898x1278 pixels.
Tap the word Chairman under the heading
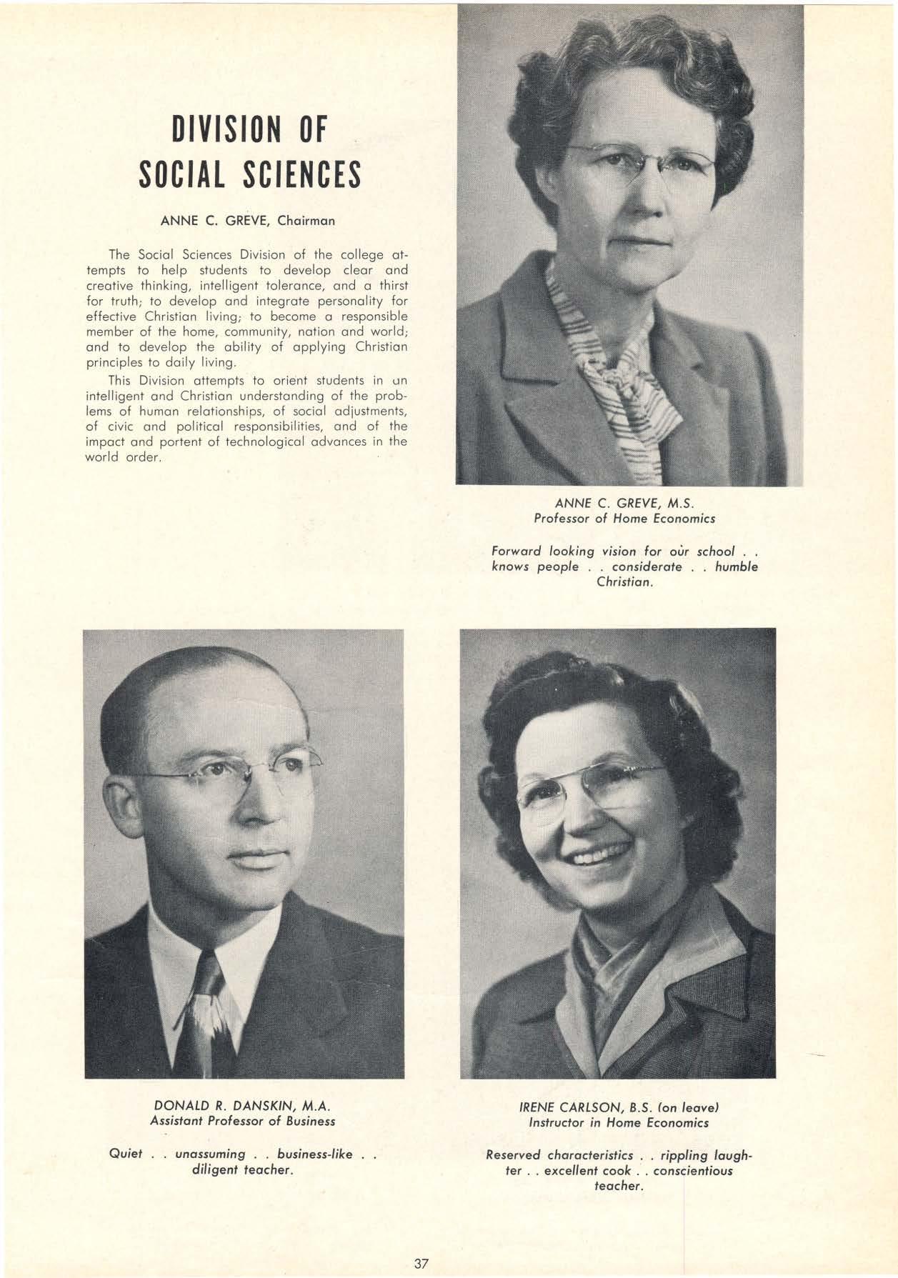point(306,221)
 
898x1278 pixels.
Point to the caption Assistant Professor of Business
point(242,1122)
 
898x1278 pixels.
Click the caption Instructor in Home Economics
point(619,1123)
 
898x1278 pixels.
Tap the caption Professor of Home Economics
point(624,519)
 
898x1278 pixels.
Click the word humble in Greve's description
point(736,567)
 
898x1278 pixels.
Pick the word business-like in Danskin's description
point(314,1154)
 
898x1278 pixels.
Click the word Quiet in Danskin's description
point(126,1154)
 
